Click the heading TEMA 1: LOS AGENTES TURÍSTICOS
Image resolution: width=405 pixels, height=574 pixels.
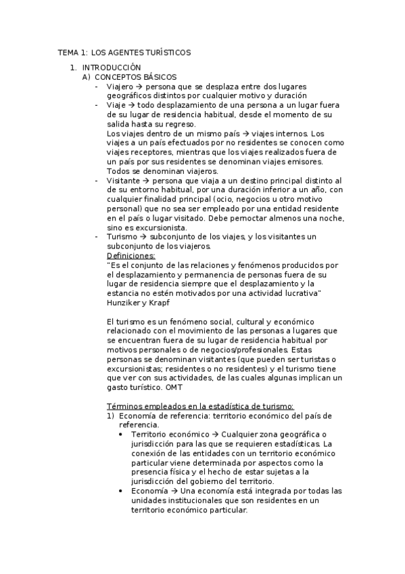(x=124, y=52)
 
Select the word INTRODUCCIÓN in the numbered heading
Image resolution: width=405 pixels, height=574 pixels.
(x=112, y=68)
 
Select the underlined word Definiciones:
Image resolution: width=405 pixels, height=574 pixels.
(x=131, y=256)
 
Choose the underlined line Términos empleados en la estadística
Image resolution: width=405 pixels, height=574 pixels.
(x=201, y=406)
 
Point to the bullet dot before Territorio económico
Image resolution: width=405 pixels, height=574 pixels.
(x=120, y=435)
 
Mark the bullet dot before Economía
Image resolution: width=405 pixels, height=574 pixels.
(x=120, y=491)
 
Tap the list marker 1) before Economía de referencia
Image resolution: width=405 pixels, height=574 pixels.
(x=112, y=416)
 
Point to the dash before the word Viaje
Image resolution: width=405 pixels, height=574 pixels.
(x=98, y=106)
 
